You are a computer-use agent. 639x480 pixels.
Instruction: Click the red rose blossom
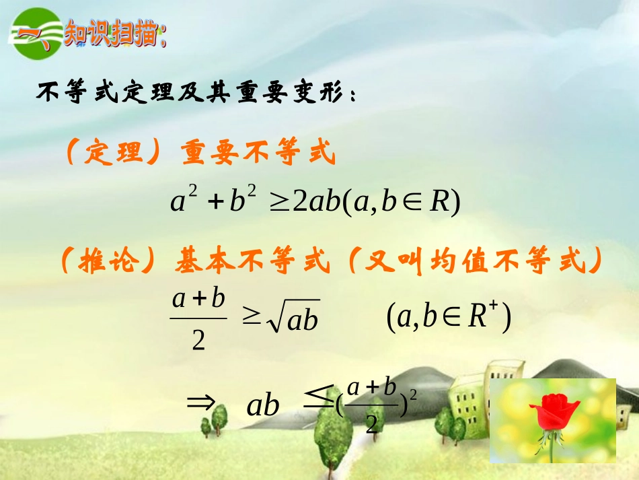553,413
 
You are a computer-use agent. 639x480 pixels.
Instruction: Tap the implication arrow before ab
200,402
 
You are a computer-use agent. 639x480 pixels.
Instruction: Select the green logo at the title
35,33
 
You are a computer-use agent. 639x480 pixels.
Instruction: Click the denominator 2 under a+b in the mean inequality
198,341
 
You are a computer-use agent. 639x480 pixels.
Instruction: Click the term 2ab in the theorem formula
317,201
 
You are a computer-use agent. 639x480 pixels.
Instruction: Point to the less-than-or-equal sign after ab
315,401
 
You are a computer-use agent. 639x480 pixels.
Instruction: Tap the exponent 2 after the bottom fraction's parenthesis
412,397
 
